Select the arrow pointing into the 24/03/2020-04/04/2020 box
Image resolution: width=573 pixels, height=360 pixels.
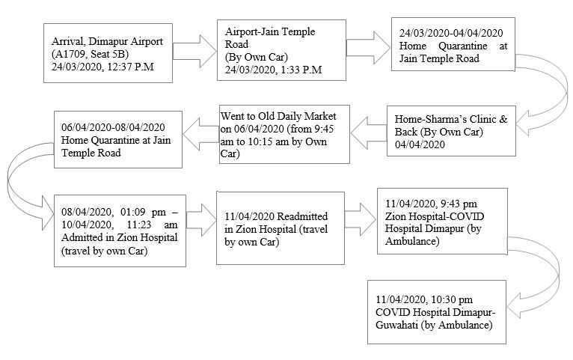368,47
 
